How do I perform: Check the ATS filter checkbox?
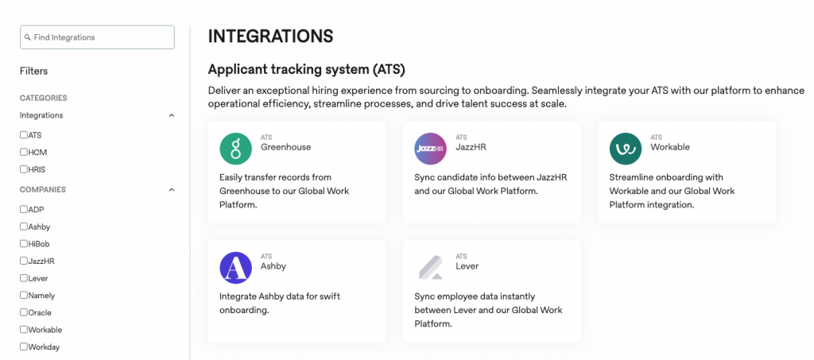click(24, 135)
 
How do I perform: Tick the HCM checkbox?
click(24, 152)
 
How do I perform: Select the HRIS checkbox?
click(24, 169)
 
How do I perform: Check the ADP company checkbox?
click(24, 210)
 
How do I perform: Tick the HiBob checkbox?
click(24, 244)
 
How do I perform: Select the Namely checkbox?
click(24, 296)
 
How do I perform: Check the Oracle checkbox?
click(24, 312)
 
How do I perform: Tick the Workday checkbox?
click(24, 346)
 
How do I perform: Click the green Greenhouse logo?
click(235, 149)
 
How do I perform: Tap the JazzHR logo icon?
click(431, 149)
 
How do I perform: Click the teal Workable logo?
click(626, 149)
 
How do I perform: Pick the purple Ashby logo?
click(235, 268)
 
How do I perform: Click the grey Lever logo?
click(431, 268)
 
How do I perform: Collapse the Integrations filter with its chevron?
click(172, 115)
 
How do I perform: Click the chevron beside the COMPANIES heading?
click(172, 190)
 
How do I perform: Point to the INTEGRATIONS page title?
click(270, 37)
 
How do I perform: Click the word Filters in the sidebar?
click(34, 71)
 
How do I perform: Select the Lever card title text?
click(467, 266)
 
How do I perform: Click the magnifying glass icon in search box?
click(28, 37)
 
